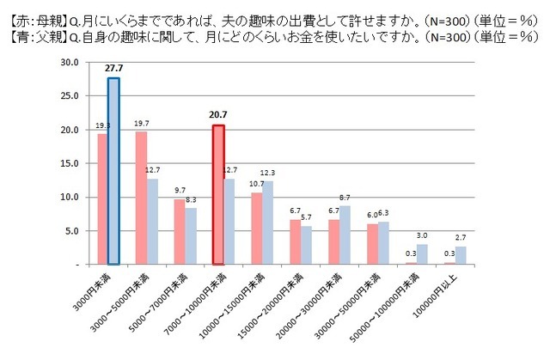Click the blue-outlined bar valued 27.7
pos(113,172)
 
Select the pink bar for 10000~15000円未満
pos(256,229)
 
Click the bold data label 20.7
pos(218,114)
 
